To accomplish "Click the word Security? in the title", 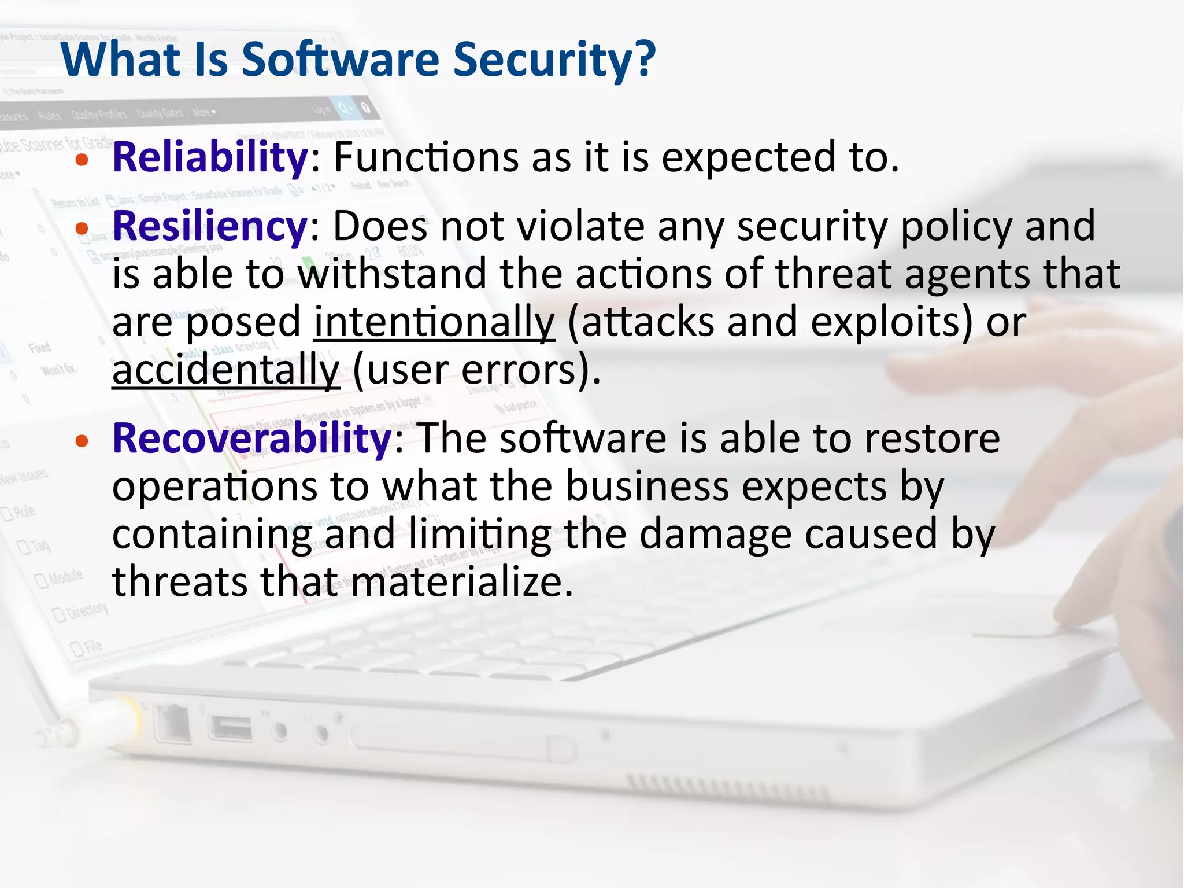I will (554, 60).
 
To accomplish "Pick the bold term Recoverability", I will (252, 438).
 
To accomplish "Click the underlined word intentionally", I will (434, 322).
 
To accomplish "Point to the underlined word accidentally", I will (225, 370).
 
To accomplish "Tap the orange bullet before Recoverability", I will (82, 441).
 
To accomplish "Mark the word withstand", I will (393, 274).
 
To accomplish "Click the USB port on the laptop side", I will (231, 728).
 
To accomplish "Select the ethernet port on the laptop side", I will (172, 723).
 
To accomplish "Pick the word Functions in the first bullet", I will (426, 157).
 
